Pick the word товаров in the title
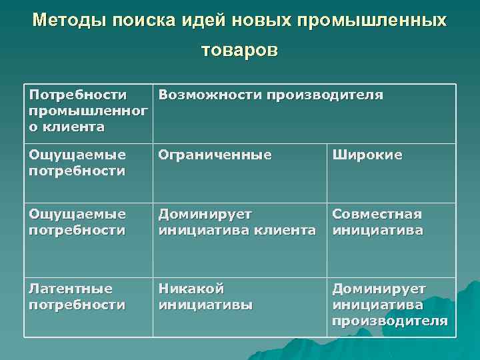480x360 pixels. tap(240, 51)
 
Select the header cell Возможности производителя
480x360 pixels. tap(271, 95)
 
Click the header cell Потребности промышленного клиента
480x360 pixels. tap(87, 111)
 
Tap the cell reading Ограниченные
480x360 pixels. tap(215, 155)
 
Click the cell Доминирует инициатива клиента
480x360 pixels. tap(237, 222)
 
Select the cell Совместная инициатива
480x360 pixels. tap(377, 222)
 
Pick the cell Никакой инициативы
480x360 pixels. tap(205, 297)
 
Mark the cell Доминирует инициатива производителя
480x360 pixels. tap(390, 305)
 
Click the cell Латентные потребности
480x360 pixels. tap(77, 297)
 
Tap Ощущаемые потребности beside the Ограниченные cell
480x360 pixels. tap(77, 163)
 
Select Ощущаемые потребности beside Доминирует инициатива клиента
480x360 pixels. tap(77, 222)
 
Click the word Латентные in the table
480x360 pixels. tap(71, 289)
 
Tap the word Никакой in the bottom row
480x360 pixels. tap(191, 289)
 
